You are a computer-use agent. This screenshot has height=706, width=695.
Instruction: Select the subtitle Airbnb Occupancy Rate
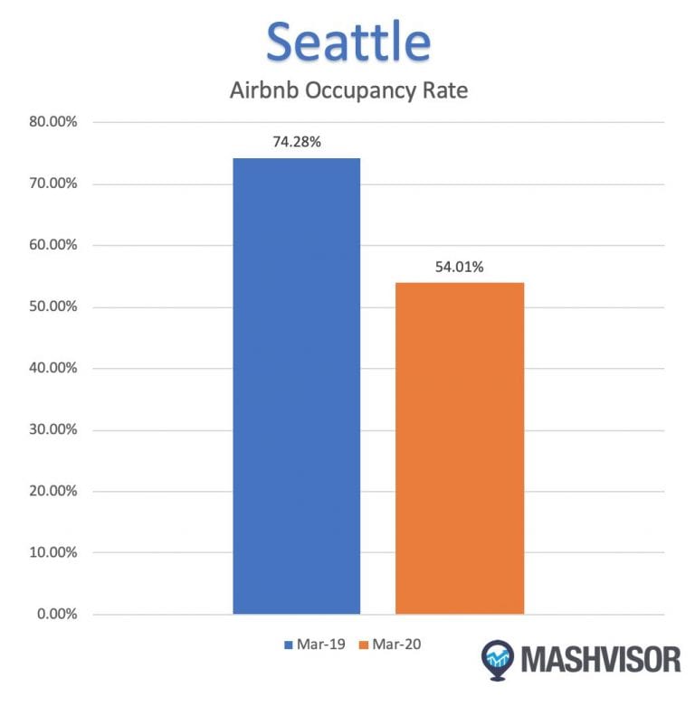point(347,91)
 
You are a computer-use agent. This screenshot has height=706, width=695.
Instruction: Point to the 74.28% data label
point(296,142)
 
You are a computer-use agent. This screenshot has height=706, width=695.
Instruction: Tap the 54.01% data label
point(460,267)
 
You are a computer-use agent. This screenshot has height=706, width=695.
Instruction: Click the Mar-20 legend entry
point(390,645)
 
